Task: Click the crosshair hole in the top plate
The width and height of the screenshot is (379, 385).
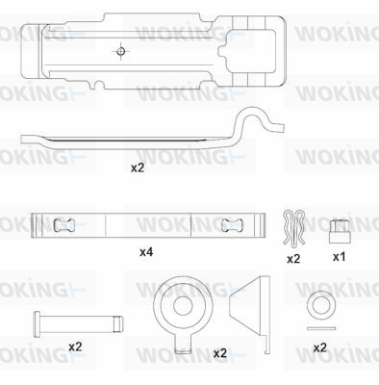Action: [x=120, y=51]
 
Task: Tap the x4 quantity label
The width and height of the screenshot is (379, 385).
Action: [x=146, y=252]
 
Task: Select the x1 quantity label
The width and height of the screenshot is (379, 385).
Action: [x=339, y=257]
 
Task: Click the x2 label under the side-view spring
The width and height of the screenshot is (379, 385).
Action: [x=138, y=167]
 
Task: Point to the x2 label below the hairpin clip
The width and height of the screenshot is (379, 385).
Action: [x=293, y=259]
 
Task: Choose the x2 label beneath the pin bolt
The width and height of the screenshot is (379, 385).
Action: [x=75, y=346]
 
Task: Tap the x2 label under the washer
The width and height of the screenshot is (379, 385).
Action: [x=319, y=347]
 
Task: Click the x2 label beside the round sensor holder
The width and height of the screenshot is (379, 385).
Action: [x=220, y=353]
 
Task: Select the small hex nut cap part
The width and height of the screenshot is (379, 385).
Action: [x=340, y=231]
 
